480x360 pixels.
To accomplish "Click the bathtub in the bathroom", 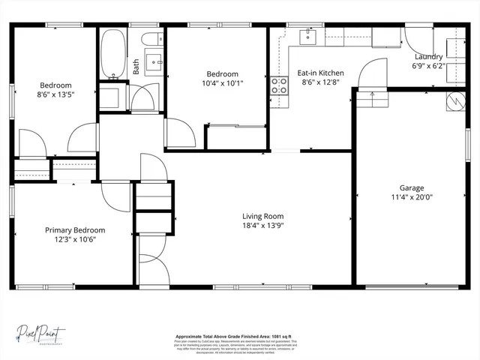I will point(115,55).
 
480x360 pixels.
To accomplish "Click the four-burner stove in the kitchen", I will point(280,85).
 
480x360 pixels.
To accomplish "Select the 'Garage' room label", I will point(411,188).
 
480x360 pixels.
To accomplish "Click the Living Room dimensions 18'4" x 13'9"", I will point(262,225).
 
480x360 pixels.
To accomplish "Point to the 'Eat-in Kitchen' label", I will point(320,73).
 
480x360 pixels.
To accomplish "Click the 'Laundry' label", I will point(427,56).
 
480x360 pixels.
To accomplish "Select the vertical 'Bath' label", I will point(136,66).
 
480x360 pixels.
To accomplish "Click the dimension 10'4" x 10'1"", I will point(222,83).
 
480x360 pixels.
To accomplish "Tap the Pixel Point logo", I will point(43,332).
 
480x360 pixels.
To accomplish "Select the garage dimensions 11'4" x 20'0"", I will point(411,198).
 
